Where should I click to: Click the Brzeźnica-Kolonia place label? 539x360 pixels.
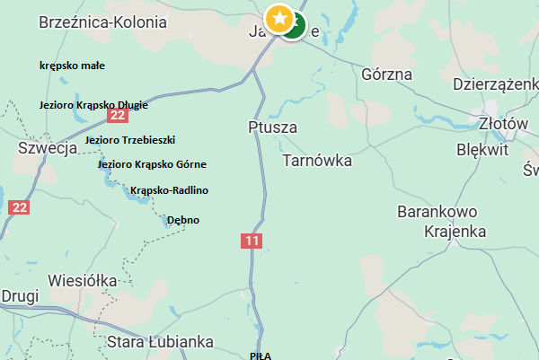coord(102,23)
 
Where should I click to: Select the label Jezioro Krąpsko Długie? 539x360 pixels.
coord(93,105)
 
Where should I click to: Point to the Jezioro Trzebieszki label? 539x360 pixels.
coord(130,140)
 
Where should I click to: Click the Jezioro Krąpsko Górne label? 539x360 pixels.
coord(152,164)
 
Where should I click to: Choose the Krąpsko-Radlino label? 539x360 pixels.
coord(169,190)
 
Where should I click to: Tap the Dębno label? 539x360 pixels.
coord(183,220)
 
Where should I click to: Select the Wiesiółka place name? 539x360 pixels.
coord(84,280)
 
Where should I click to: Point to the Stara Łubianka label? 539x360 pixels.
coord(160,341)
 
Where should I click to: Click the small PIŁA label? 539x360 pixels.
coord(261,356)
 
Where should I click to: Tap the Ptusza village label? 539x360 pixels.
coord(272,128)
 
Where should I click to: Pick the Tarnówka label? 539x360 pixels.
coord(317,161)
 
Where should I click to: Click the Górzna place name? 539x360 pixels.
coord(385,75)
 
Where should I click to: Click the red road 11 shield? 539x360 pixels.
coord(251,241)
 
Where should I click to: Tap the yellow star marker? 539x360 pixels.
coord(279,16)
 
